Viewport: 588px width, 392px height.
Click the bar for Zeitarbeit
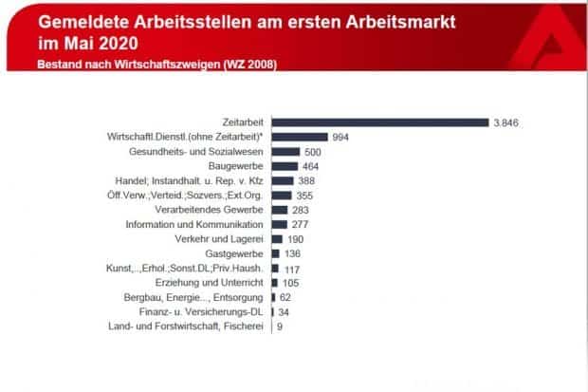tap(379, 121)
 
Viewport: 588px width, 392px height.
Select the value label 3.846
tap(507, 122)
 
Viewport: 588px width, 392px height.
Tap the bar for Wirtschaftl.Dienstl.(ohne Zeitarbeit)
tap(300, 137)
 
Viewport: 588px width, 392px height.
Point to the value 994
tap(341, 137)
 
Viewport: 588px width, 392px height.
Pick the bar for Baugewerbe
tap(285, 166)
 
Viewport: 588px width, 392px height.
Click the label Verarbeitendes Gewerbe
tap(211, 210)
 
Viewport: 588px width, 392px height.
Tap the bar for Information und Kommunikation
tap(280, 224)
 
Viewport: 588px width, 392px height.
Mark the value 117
tap(292, 269)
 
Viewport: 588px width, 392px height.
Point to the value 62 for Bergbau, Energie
tap(288, 298)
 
